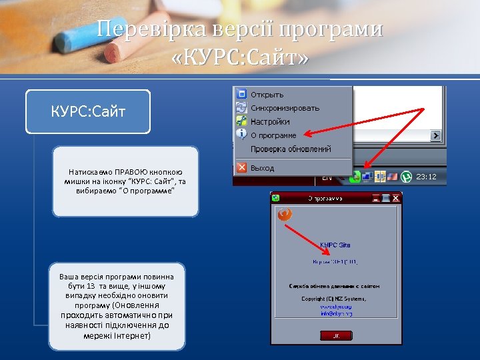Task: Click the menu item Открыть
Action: coord(267,95)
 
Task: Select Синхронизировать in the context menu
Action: coord(285,108)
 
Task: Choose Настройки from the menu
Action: coord(270,122)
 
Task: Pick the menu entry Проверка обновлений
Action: coord(291,149)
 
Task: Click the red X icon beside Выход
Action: coord(242,168)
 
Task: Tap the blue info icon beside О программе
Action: coord(242,135)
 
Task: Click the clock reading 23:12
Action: coord(426,177)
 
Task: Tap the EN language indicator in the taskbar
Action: coord(327,177)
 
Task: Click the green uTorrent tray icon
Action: coord(406,177)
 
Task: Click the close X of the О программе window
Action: coord(396,198)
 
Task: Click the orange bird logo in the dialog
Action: coord(285,214)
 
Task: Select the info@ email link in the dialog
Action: coord(336,313)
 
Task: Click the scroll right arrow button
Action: coord(436,135)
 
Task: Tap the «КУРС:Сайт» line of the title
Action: coord(240,59)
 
